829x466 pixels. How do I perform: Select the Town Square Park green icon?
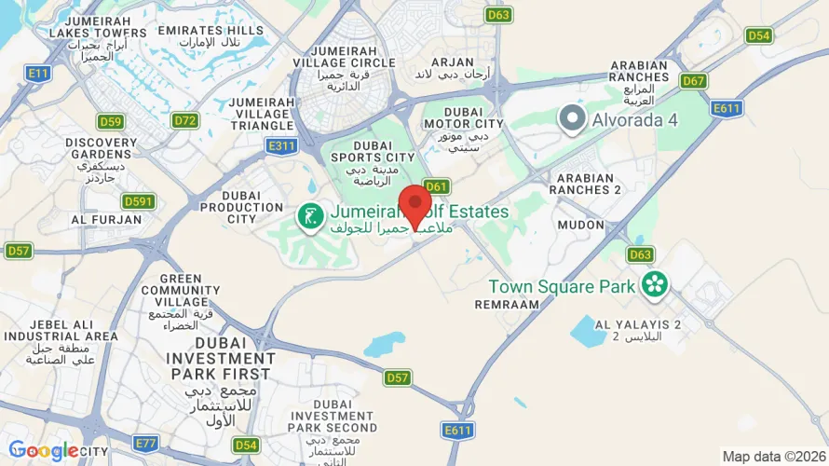point(655,284)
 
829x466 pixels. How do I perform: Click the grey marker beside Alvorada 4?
point(571,118)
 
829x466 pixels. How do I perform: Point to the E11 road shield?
point(38,72)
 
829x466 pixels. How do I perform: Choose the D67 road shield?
point(693,81)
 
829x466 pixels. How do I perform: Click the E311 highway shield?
point(281,145)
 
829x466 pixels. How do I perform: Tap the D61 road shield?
point(437,185)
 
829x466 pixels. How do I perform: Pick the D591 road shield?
point(138,201)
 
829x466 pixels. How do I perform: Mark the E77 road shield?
point(145,443)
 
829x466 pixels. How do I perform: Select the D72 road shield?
point(185,120)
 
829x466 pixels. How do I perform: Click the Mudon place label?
point(580,225)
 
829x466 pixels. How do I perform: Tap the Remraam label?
point(507,304)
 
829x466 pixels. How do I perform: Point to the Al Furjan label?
point(106,220)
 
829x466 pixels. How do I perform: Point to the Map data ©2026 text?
point(772,457)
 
